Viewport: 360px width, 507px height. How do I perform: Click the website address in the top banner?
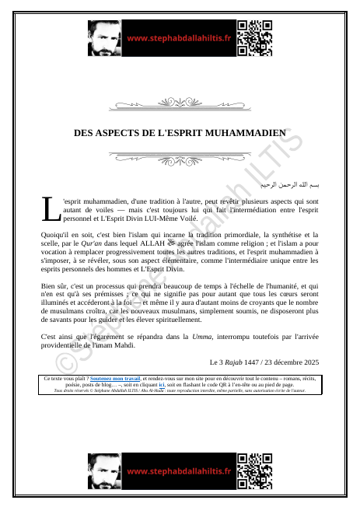[179, 38]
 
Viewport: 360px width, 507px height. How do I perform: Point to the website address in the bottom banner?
[179, 471]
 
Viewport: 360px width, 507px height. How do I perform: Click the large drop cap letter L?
[49, 208]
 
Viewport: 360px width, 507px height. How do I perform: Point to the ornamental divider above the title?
[180, 101]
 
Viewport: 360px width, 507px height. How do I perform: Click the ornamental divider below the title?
[180, 164]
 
